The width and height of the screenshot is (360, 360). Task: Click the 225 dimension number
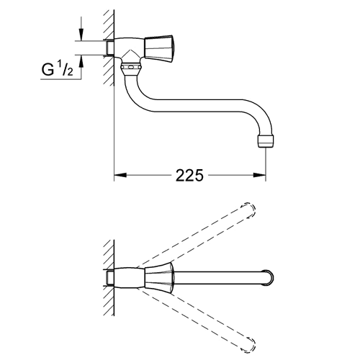pos(189,175)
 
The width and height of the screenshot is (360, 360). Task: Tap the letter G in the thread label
pos(48,70)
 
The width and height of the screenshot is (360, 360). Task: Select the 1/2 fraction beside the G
pos(65,69)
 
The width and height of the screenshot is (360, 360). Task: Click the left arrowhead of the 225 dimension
pos(120,175)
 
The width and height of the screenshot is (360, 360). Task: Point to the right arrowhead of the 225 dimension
pos(259,175)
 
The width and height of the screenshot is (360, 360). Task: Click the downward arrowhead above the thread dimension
pos(81,35)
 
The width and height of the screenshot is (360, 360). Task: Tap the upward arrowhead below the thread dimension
pos(81,61)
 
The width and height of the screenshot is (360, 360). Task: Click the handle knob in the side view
pos(159,49)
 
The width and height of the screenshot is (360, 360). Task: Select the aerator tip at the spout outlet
pos(266,141)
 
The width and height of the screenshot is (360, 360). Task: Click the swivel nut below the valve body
pos(131,68)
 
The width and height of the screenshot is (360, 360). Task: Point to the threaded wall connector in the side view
pos(109,48)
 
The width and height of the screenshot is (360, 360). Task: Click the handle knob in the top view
pos(159,279)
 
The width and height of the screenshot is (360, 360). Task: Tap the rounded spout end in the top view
pos(268,277)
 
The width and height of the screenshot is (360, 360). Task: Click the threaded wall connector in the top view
pos(109,278)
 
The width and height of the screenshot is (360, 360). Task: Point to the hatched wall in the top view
pos(109,278)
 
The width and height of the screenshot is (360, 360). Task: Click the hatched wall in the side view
pos(109,48)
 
